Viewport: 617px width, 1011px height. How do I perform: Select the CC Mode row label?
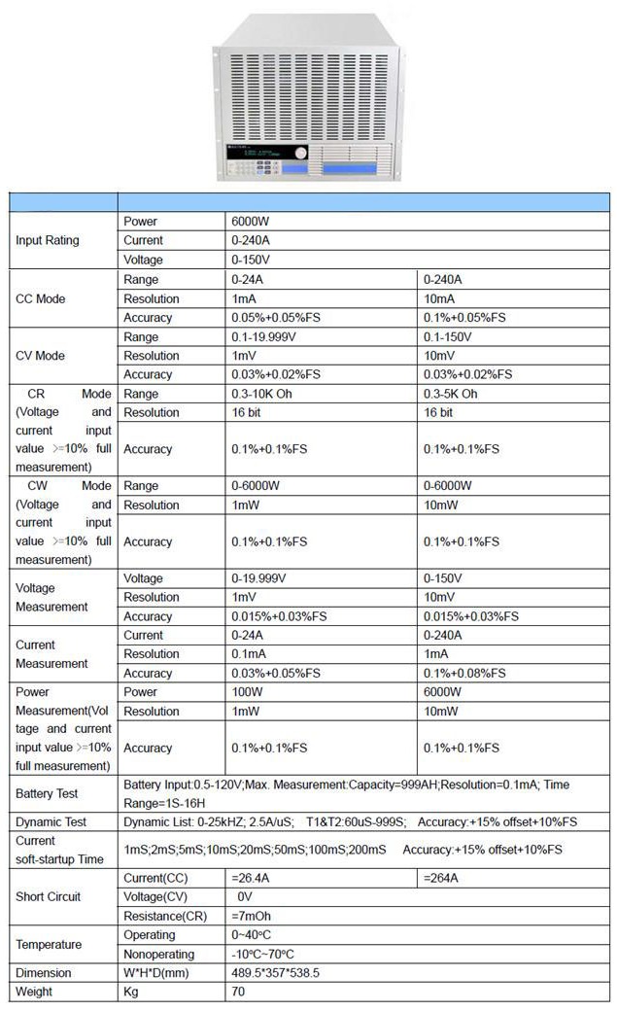(41, 298)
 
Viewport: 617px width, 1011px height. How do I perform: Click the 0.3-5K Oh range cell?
(451, 394)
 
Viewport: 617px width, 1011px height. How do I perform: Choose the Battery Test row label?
(47, 794)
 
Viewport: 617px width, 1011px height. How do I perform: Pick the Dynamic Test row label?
(51, 821)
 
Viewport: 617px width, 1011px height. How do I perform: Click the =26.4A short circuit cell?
(250, 878)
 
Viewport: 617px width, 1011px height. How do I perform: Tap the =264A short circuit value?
(441, 878)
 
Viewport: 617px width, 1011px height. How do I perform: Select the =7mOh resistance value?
(251, 916)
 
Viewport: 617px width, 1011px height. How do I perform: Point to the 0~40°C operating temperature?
(252, 934)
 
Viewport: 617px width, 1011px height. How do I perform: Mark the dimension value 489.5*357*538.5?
(275, 972)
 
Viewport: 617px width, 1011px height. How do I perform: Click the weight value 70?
(238, 992)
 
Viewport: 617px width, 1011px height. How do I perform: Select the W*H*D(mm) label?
(159, 972)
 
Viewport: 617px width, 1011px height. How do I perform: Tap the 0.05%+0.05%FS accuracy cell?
(275, 317)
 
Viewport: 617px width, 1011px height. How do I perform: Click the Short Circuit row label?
(49, 896)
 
